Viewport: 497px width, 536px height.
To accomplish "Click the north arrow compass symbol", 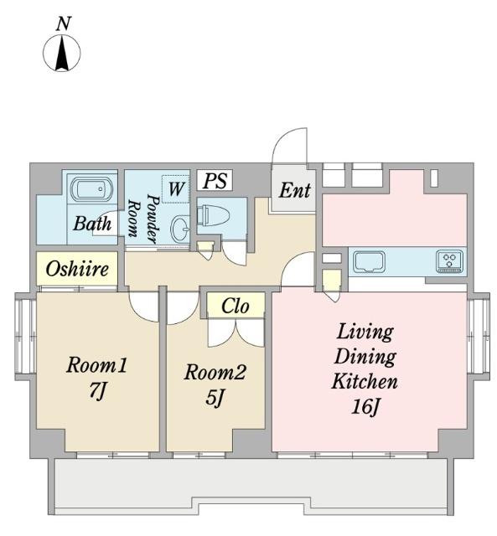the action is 61,54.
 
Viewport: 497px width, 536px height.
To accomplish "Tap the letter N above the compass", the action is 64,24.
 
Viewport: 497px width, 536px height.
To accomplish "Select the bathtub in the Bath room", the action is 91,189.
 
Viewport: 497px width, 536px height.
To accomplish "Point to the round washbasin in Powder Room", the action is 180,228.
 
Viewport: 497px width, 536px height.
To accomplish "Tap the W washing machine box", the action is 176,188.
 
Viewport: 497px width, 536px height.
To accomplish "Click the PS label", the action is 215,181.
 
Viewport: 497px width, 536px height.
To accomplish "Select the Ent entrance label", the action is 294,190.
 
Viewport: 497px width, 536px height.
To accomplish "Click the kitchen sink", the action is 370,262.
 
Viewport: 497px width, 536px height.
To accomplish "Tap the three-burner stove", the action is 450,261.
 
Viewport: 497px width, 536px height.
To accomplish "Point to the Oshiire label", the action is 77,269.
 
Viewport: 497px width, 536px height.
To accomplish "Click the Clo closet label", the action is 235,307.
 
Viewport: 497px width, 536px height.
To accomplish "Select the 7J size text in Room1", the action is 97,391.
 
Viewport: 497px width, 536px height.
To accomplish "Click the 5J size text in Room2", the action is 215,398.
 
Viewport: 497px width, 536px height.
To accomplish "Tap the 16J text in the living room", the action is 365,407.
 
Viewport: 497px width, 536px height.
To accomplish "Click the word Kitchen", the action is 365,381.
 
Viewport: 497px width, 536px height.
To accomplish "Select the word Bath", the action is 92,224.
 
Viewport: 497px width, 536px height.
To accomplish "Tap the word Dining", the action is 365,356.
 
